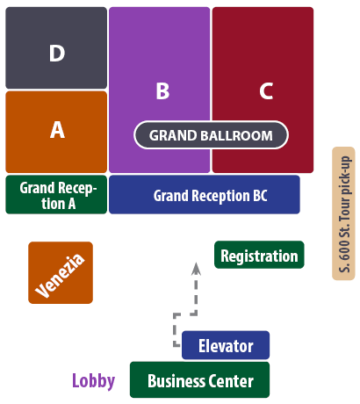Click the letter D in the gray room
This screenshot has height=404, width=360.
[x=57, y=54]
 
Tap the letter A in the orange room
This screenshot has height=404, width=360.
[x=57, y=130]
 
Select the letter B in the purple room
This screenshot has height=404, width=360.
[x=162, y=90]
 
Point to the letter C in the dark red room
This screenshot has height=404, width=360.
[x=266, y=90]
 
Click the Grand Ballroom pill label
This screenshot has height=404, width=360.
[x=211, y=135]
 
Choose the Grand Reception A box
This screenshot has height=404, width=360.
[x=56, y=195]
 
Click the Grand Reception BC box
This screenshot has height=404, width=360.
[x=205, y=195]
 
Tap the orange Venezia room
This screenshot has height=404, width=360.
[x=61, y=272]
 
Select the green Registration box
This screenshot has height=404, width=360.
[x=259, y=255]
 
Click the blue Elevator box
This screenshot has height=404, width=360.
[x=226, y=345]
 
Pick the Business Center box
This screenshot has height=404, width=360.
[x=199, y=379]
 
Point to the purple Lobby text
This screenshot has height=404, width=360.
[x=93, y=381]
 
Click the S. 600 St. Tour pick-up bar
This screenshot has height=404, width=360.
[x=343, y=213]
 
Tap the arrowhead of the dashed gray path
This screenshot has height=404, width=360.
[x=196, y=269]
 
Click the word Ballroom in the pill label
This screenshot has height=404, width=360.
[x=236, y=135]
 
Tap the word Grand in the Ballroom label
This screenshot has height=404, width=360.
[x=173, y=135]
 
